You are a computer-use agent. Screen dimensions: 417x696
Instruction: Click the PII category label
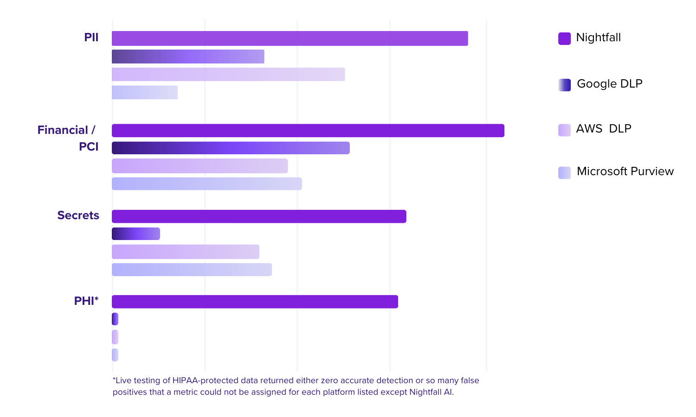91,38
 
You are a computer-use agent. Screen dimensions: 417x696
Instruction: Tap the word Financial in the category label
63,130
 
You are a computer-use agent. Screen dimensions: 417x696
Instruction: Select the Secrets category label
78,215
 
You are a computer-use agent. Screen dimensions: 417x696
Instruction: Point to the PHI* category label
86,301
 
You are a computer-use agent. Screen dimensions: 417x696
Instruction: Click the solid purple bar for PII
290,38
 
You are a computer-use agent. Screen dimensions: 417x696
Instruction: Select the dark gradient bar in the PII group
188,57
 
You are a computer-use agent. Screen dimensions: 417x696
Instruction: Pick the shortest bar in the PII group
145,93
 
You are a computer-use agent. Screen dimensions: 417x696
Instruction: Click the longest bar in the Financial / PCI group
308,131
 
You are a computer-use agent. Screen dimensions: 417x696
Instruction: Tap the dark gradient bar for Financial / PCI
231,148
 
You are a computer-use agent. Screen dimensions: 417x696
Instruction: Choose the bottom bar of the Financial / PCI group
206,183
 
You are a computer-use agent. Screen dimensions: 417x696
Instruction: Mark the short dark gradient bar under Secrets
135,234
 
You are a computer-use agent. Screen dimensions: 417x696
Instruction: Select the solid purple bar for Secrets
258,216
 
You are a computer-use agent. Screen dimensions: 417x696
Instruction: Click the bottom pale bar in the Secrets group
192,270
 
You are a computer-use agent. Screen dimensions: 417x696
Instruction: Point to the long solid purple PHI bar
255,302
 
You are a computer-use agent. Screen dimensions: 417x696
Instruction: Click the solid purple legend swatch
564,38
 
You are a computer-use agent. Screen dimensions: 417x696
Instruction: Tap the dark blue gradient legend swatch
564,85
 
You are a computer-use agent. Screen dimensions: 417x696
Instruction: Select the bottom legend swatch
564,173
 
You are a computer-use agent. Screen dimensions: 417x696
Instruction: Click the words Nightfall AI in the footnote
431,392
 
